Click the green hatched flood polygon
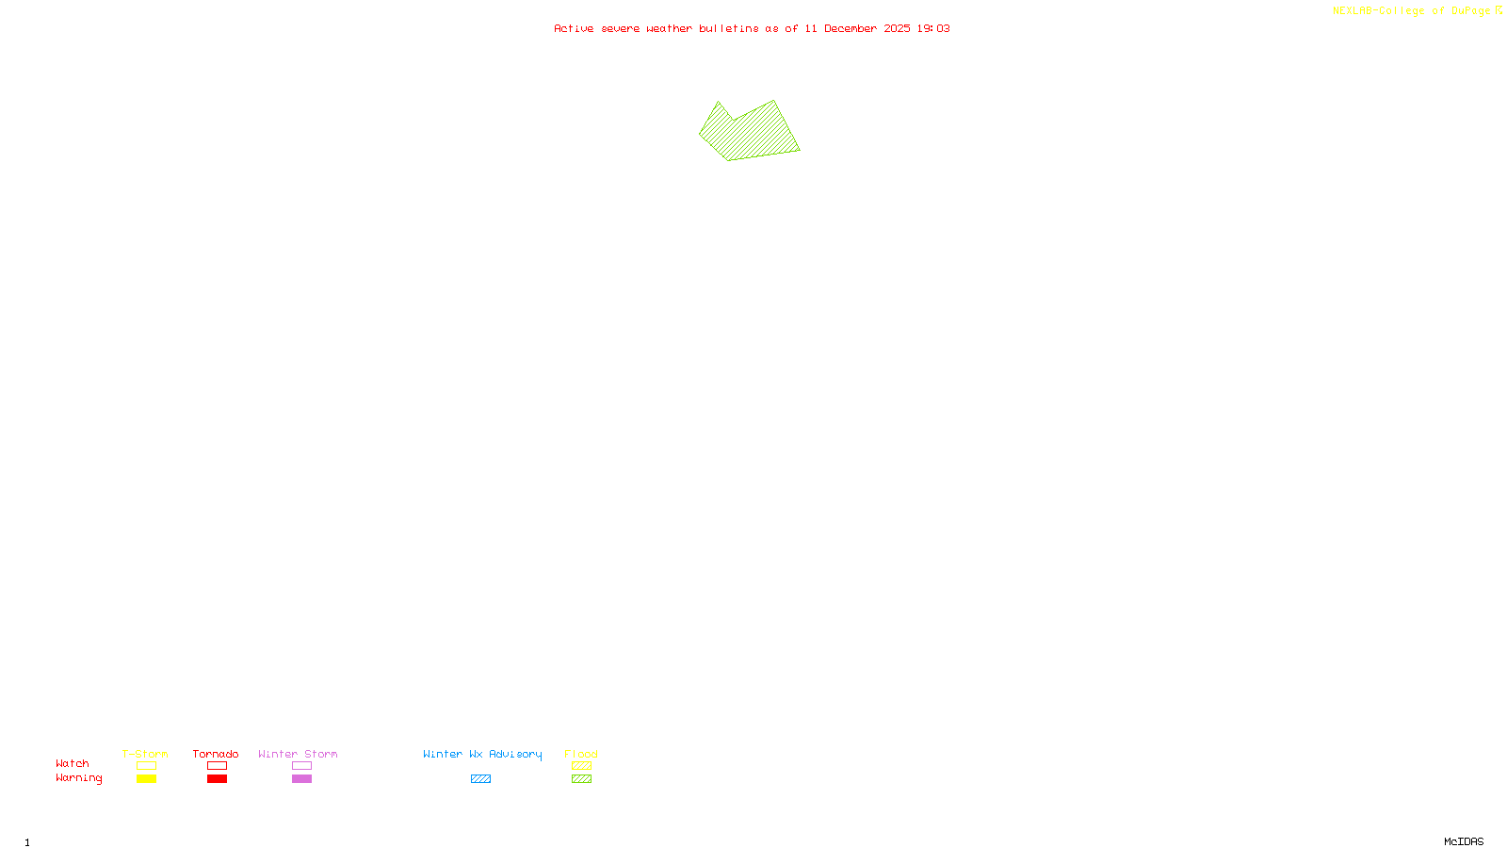tap(751, 135)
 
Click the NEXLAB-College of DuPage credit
tap(1412, 11)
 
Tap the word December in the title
tap(851, 29)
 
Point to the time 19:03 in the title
tap(933, 29)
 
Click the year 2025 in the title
tap(897, 29)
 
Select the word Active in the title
tap(574, 29)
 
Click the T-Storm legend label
tap(145, 754)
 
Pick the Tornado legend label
tap(216, 754)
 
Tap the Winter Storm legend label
tap(298, 754)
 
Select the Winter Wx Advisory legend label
tap(482, 754)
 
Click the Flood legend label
tap(581, 754)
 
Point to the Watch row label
tap(73, 764)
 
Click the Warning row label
tap(79, 778)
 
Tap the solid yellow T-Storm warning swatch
tap(146, 779)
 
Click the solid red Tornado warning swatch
tap(218, 779)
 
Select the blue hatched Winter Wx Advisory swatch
tap(480, 779)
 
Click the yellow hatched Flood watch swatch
tap(582, 766)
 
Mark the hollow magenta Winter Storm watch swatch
tap(301, 766)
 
